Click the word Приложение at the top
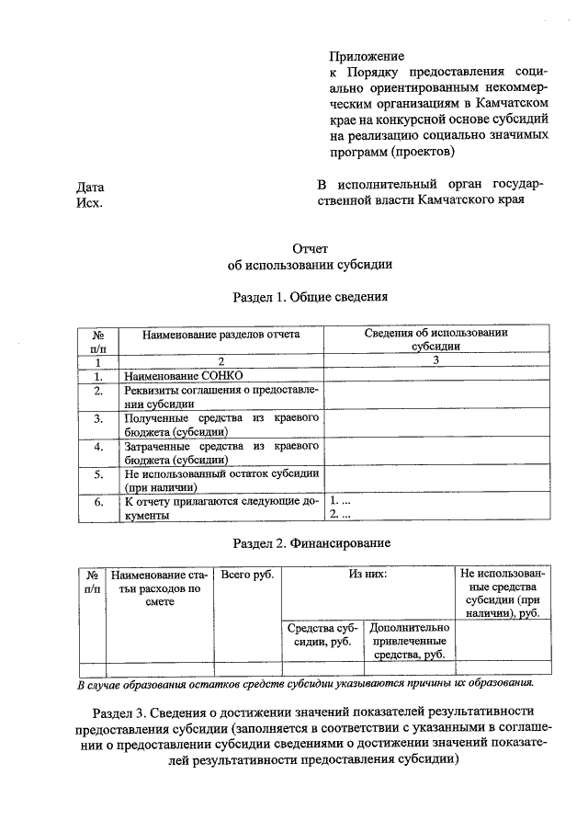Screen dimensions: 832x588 pyautogui.click(x=367, y=56)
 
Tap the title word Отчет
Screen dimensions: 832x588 pyautogui.click(x=310, y=248)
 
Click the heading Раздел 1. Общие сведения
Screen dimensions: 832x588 pyautogui.click(x=310, y=297)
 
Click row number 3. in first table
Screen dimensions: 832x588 pyautogui.click(x=97, y=418)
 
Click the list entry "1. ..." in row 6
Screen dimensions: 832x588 pyautogui.click(x=340, y=501)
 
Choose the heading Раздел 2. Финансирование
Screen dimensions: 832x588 pyautogui.click(x=310, y=542)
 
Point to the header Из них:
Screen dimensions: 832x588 pyautogui.click(x=367, y=575)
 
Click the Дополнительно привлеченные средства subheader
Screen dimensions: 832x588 pyautogui.click(x=410, y=641)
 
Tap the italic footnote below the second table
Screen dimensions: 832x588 pyautogui.click(x=304, y=683)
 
